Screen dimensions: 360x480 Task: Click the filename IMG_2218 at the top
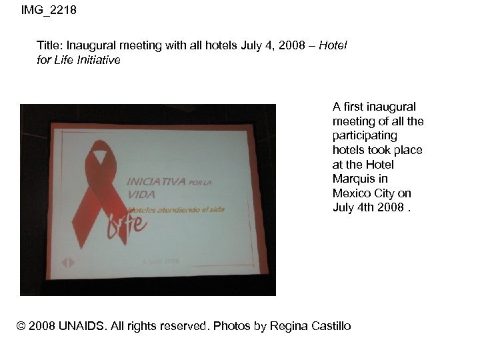(49, 10)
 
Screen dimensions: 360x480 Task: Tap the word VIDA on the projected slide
(141, 194)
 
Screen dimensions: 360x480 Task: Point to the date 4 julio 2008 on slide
(160, 261)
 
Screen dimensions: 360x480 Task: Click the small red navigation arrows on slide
(68, 263)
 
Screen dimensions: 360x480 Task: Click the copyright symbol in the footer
(22, 326)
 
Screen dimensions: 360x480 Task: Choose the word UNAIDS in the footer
(81, 326)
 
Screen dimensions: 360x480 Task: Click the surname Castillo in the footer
(329, 326)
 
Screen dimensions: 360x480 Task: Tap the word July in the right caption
(344, 207)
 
